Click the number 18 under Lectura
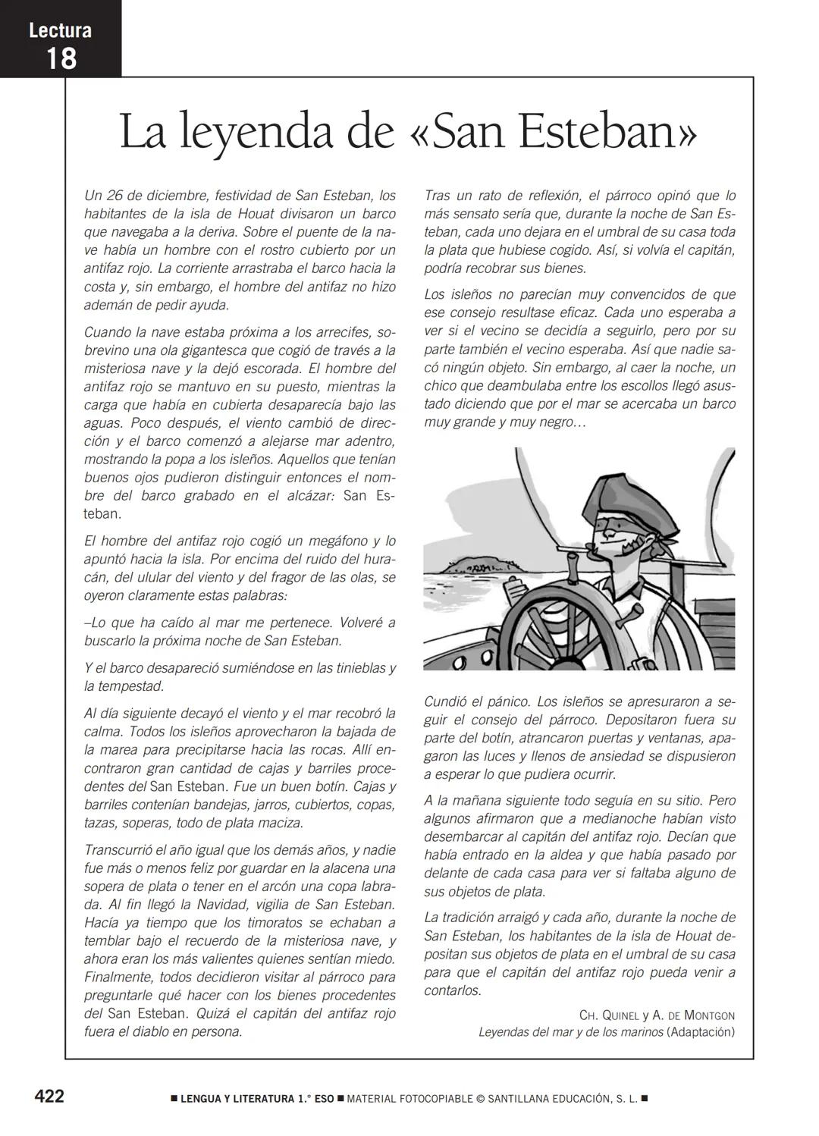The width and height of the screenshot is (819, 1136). point(61,58)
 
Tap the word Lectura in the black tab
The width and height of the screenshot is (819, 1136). point(60,30)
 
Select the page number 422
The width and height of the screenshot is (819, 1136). point(49,1096)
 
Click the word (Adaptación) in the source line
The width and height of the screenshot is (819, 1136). point(700,1033)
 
